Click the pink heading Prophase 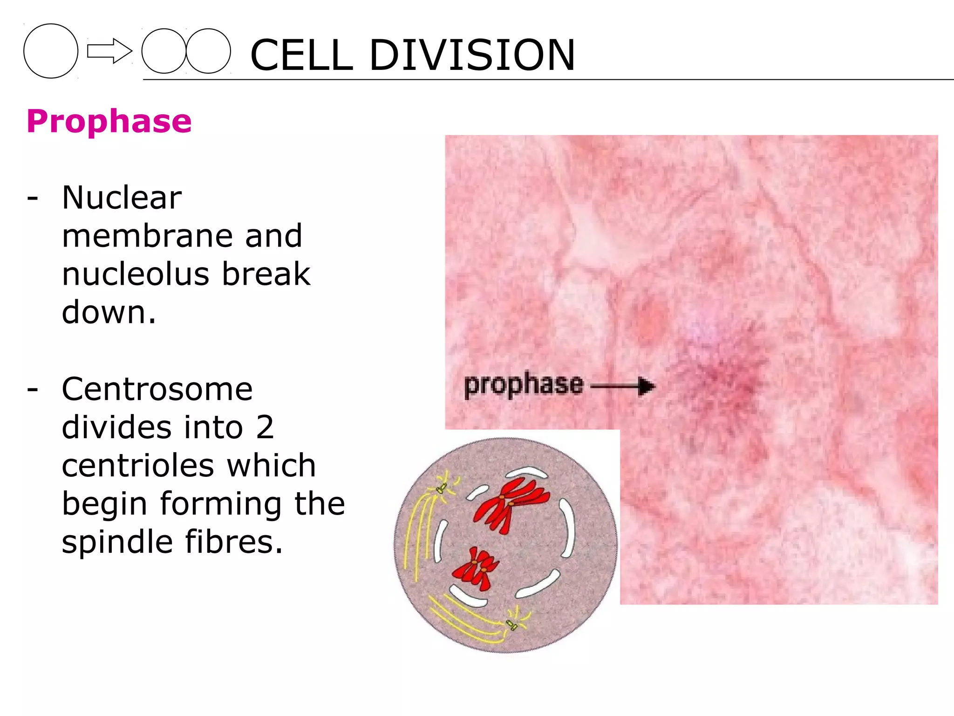(109, 121)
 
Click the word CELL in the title (301, 55)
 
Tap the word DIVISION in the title (472, 55)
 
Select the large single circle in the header (51, 51)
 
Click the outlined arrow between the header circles (109, 51)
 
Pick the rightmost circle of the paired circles (208, 51)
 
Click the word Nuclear (122, 198)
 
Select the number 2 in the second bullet (265, 427)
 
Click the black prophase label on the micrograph (524, 385)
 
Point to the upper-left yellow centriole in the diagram (441, 489)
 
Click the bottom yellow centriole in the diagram (511, 625)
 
